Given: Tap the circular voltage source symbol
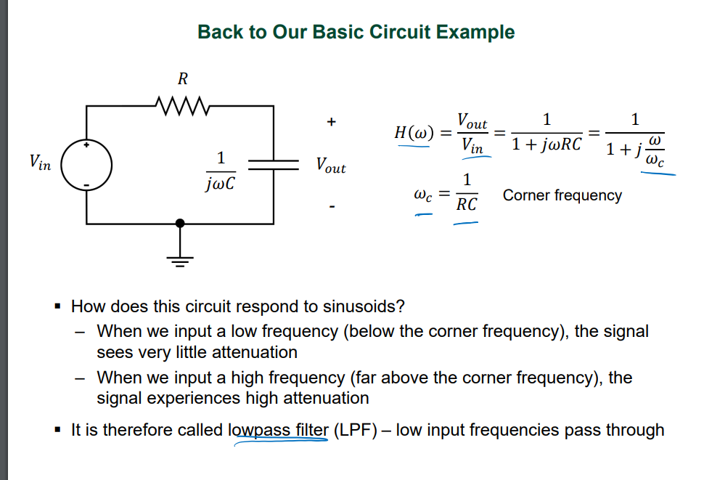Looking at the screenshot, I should click(86, 165).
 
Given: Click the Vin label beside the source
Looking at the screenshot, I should click(40, 163).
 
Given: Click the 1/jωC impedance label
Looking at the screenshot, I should click(221, 170).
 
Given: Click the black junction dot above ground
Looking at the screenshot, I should click(181, 223).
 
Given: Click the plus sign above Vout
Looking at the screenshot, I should click(331, 123).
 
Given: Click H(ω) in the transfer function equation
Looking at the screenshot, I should click(414, 133).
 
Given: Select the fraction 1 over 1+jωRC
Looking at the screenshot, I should click(547, 132).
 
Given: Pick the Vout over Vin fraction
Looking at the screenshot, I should click(472, 133).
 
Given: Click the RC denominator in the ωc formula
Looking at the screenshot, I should click(467, 206).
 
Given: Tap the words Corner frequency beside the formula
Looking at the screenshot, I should click(562, 195).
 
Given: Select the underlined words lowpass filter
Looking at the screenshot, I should click(279, 430).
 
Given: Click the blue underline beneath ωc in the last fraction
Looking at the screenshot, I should click(656, 173).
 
